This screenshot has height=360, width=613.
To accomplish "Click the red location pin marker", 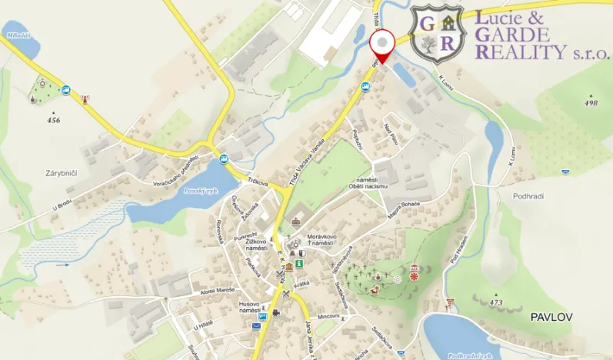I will [382, 45].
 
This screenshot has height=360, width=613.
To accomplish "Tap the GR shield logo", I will [437, 34].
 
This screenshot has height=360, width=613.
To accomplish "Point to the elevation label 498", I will [591, 102].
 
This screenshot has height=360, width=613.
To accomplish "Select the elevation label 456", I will [53, 120].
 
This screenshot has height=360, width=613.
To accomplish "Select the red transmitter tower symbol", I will [85, 98].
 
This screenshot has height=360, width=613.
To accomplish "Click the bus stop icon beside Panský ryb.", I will [224, 159].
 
